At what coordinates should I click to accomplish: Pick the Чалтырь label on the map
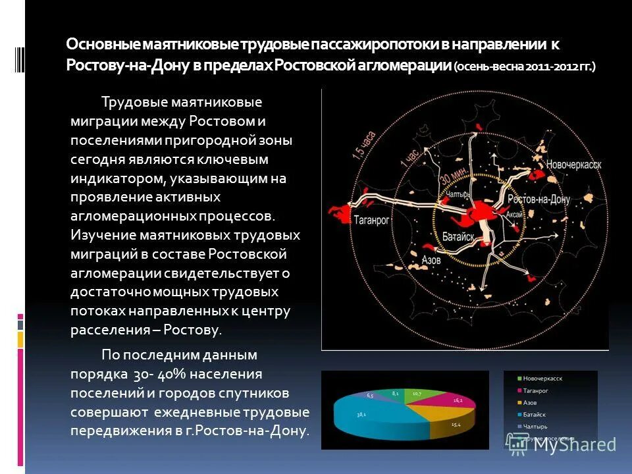459,195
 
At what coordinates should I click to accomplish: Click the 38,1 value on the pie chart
361,415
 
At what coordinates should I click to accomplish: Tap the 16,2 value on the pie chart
458,400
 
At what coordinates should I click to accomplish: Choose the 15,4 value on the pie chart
456,425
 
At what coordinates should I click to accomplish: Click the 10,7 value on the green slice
417,394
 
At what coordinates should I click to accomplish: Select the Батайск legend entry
535,415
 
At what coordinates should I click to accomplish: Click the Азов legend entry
531,402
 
